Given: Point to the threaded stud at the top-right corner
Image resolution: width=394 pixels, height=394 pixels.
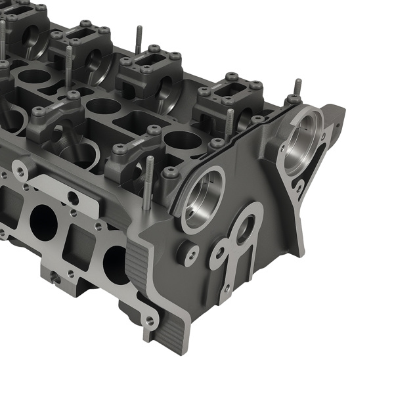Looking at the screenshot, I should coord(297,87).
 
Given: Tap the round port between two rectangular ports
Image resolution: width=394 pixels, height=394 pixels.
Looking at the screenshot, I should coord(43,221).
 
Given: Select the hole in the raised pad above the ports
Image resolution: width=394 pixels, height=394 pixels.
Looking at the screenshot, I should coord(73,198).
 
